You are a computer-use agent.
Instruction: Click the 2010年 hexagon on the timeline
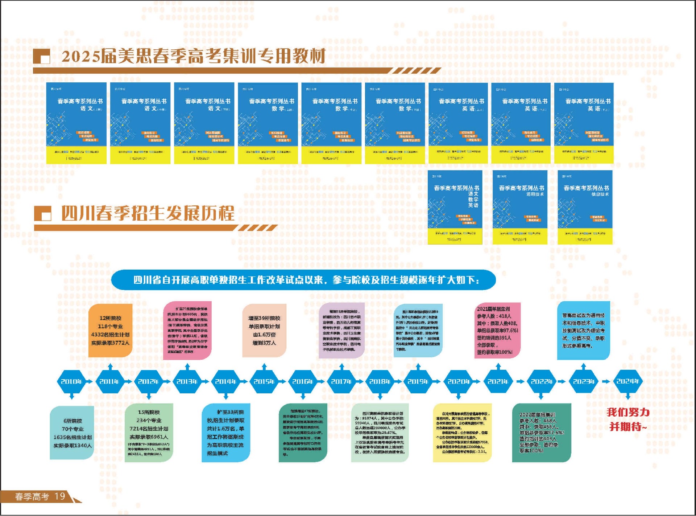coord(71,381)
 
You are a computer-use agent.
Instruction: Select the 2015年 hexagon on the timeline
coord(264,381)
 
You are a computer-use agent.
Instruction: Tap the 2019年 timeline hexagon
coord(418,381)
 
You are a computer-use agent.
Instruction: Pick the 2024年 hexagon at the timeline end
coord(627,381)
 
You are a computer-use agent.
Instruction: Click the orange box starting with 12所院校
coord(110,331)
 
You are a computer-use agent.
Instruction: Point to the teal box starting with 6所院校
coord(72,433)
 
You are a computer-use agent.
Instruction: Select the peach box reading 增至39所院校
coord(264,331)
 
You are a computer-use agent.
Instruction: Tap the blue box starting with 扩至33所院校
coord(225,433)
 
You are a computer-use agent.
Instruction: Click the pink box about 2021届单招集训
coord(497,331)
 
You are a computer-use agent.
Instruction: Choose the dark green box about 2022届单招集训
coord(541,433)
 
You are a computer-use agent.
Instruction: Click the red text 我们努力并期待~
coord(628,419)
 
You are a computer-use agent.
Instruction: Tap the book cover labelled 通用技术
coord(520,207)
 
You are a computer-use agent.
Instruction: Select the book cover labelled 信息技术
coord(585,207)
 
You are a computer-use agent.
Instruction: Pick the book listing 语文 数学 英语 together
coord(455,207)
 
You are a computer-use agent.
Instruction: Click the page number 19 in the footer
coord(60,496)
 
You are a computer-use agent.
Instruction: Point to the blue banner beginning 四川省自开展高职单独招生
coord(303,280)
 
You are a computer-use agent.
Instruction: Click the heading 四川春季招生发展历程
coord(148,213)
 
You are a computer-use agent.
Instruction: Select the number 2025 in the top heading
coord(80,56)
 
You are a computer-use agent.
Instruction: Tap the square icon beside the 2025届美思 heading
coord(42,57)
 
